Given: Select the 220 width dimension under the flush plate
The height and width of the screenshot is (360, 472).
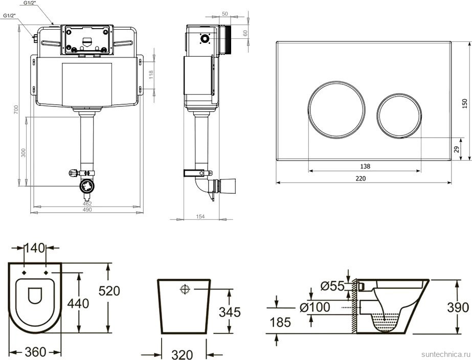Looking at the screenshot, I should [x=361, y=178].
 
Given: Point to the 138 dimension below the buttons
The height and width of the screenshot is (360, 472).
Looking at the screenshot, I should [x=365, y=166].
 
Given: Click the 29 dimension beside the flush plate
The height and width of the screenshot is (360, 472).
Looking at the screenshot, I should [x=456, y=149].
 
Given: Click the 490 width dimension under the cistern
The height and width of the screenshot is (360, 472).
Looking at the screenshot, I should [x=87, y=210].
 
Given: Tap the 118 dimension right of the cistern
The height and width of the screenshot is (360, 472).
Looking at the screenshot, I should [x=150, y=74].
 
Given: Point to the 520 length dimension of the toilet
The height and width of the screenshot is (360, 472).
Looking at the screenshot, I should [x=109, y=291].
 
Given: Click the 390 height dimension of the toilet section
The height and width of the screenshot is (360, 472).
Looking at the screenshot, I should [x=457, y=307].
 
